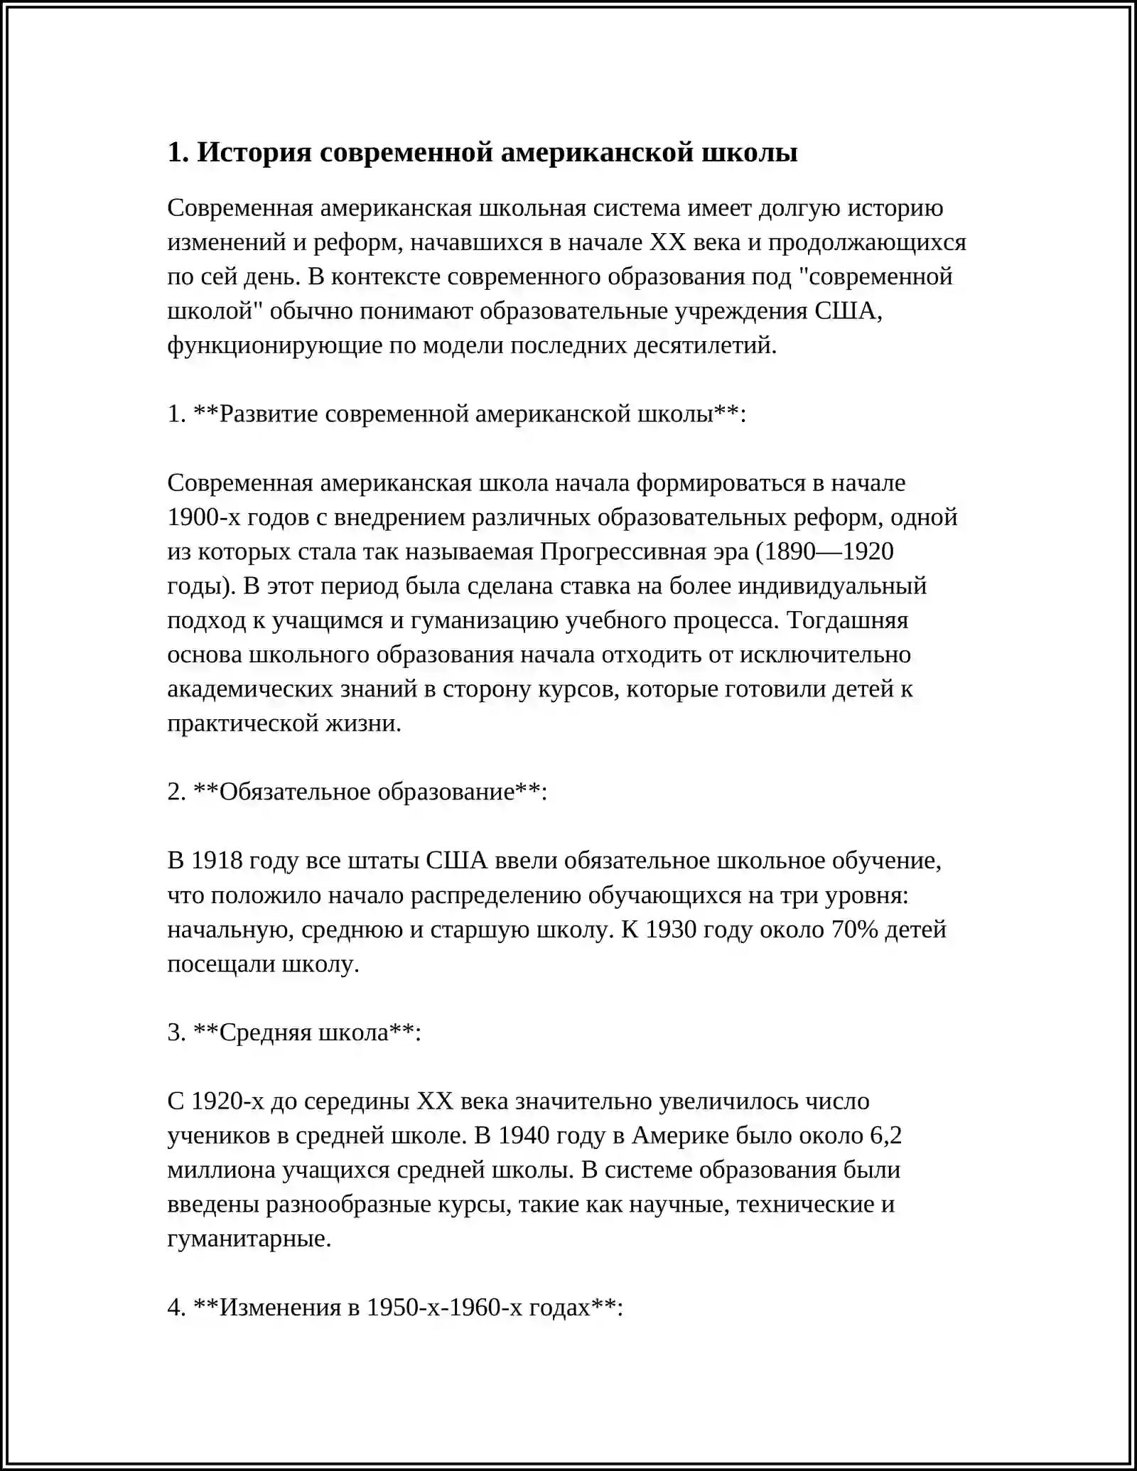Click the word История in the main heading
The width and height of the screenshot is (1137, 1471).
[x=254, y=152]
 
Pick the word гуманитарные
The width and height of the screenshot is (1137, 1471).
[x=249, y=1239]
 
